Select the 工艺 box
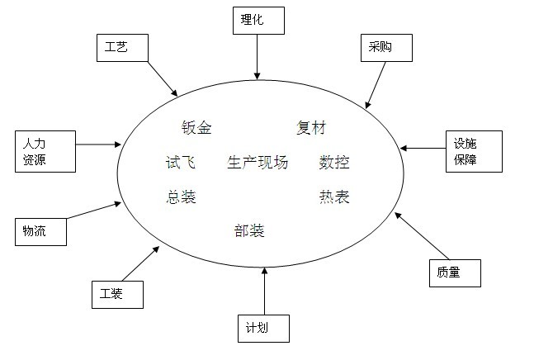click(121, 48)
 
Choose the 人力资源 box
click(45, 151)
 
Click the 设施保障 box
click(473, 151)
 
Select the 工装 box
click(117, 293)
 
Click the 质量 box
click(453, 272)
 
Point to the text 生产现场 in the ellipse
click(258, 163)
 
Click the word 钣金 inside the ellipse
click(196, 128)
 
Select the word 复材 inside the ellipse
click(311, 128)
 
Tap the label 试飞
click(181, 163)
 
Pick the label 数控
click(334, 163)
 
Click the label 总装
click(181, 197)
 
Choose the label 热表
click(334, 197)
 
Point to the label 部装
click(249, 230)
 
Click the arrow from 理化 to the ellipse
click(257, 58)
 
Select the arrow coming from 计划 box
click(264, 289)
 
